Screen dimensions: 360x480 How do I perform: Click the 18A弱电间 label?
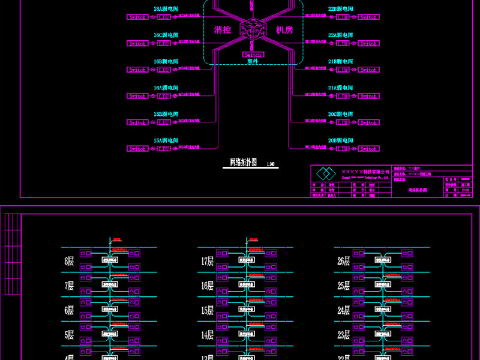(166, 10)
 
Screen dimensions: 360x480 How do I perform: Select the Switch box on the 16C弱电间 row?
(137, 44)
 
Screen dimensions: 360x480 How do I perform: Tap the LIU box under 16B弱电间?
(164, 70)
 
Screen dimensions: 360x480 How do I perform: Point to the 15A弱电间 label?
(166, 140)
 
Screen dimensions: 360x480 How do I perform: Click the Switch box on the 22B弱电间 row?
(368, 17)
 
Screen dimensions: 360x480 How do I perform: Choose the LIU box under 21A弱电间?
(343, 96)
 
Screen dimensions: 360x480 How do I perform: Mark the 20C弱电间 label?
(340, 114)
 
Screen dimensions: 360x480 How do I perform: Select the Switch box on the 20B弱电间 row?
(368, 149)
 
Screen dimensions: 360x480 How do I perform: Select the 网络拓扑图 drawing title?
(243, 162)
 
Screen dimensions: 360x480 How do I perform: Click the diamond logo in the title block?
(325, 174)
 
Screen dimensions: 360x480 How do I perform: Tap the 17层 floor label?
(207, 261)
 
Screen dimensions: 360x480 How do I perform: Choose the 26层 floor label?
(343, 261)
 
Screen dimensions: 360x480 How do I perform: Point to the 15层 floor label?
(207, 311)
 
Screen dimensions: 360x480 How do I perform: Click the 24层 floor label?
(343, 311)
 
